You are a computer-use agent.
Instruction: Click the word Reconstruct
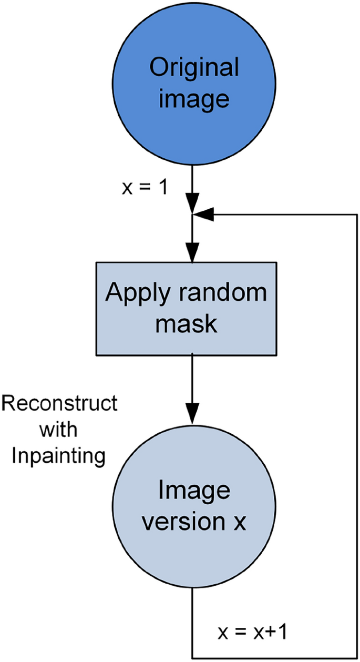click(59, 404)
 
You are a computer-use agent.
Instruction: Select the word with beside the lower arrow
click(59, 430)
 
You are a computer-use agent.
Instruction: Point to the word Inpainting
click(59, 455)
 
